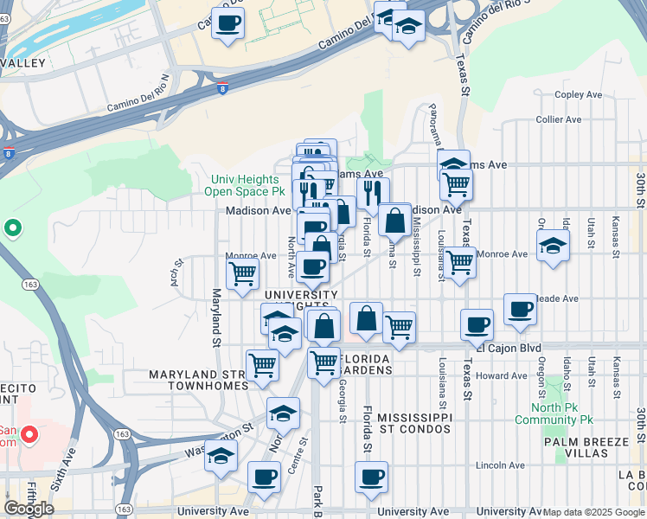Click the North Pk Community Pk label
554,414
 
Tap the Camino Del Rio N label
138,95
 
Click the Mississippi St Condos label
415,423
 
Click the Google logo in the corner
29,509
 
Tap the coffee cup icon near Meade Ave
520,309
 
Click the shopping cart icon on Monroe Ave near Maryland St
242,273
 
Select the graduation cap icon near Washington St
221,454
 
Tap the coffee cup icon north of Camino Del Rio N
227,23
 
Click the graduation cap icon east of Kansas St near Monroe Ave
553,246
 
